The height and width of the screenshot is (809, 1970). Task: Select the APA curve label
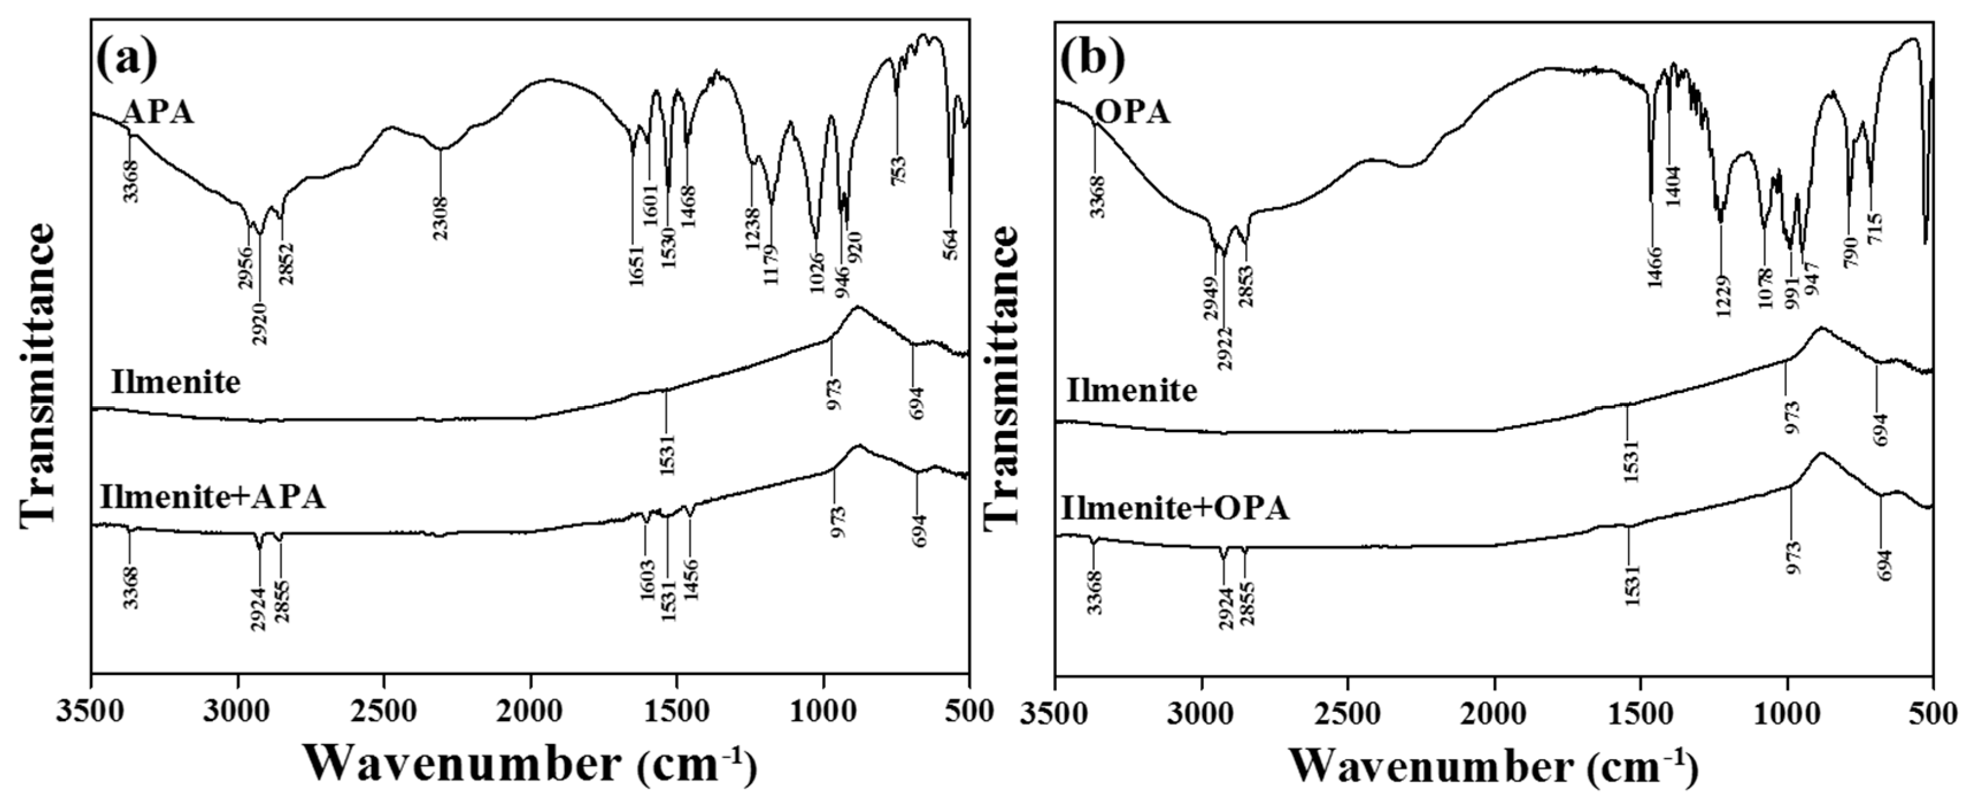pos(157,113)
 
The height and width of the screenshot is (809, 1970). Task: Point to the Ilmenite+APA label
pos(213,497)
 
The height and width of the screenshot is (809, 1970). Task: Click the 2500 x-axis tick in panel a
pos(383,711)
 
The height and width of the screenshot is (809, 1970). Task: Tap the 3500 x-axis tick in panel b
pos(1055,711)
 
